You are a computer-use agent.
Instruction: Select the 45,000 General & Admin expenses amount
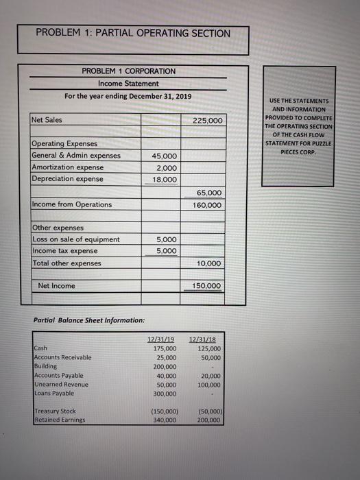(x=164, y=156)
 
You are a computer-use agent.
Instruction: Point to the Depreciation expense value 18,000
(x=164, y=179)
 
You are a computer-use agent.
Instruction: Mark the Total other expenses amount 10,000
(x=209, y=263)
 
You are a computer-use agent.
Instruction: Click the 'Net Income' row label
(x=57, y=285)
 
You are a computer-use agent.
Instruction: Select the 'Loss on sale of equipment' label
(x=75, y=239)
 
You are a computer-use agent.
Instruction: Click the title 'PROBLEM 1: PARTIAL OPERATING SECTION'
(x=133, y=33)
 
